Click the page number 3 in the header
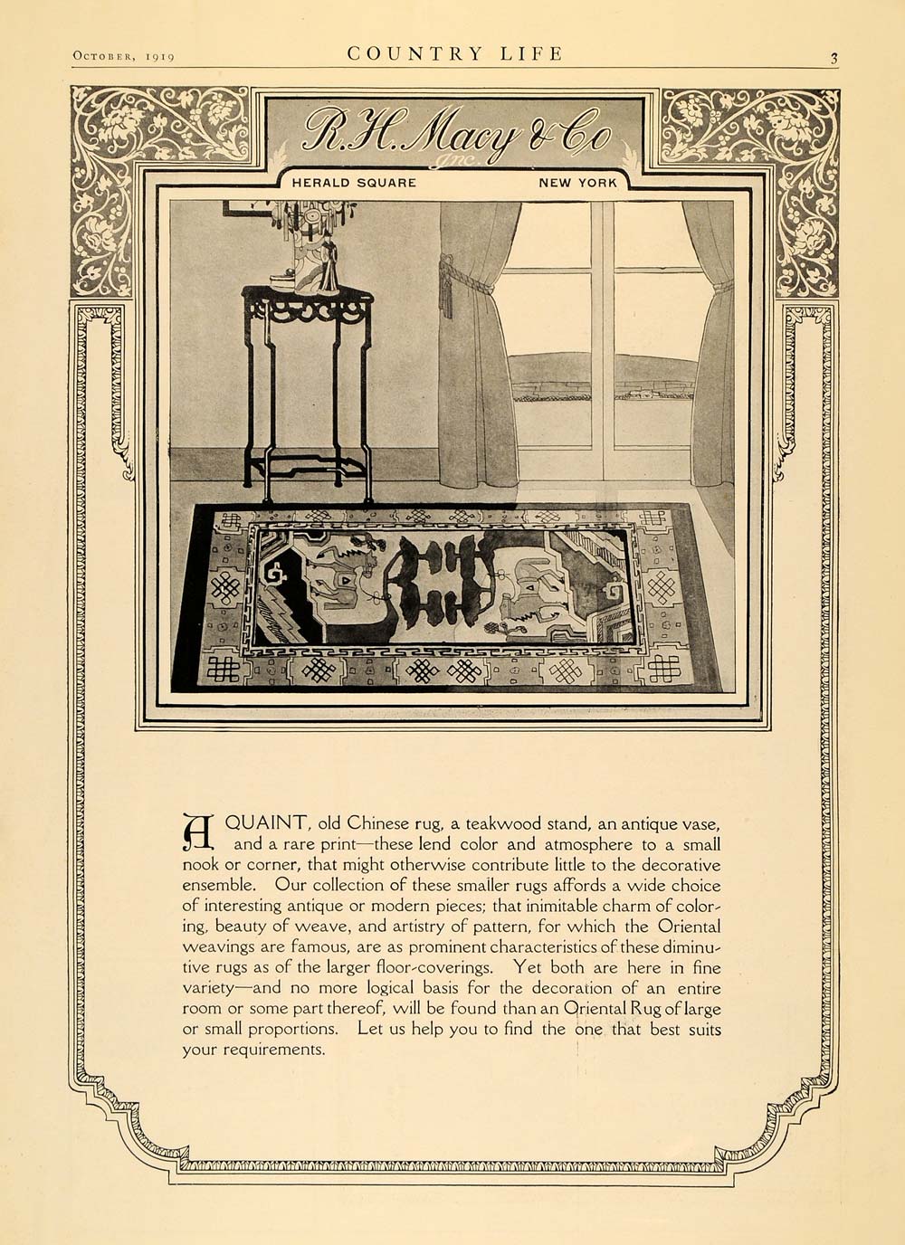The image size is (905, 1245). coord(834,59)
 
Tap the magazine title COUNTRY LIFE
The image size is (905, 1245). coord(455,53)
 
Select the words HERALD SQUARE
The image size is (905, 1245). coord(354,182)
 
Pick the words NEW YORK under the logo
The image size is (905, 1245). coord(577,182)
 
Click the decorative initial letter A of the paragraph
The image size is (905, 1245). coord(198,832)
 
